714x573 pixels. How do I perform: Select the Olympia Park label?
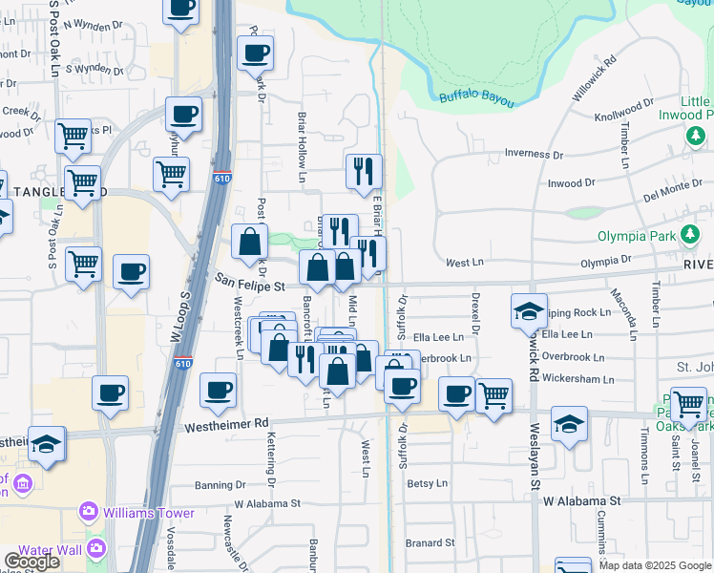(635, 236)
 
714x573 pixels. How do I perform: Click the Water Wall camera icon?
(95, 548)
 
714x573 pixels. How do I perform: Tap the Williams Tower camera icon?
(89, 513)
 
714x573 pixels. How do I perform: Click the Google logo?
(31, 562)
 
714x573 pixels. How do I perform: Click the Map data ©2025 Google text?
(655, 565)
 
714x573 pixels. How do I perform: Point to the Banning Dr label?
(220, 484)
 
